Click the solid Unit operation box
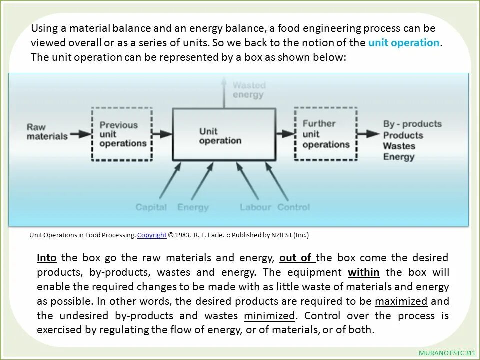(224, 135)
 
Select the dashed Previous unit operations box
(122, 134)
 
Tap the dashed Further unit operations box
(325, 134)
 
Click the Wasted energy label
(248, 90)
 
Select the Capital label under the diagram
(151, 207)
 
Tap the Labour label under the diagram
(255, 207)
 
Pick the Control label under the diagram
(293, 207)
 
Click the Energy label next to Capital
(193, 207)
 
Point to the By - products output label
(412, 124)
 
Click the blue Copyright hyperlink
(152, 235)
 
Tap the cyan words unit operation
(404, 43)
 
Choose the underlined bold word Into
(47, 258)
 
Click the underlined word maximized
(401, 301)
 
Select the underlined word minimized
(269, 316)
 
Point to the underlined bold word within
(363, 272)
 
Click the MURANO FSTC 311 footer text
(447, 353)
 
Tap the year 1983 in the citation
(182, 235)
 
